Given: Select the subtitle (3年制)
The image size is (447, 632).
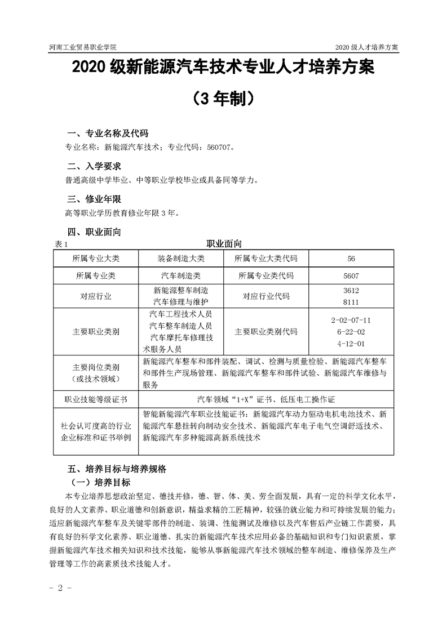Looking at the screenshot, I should pos(223,99).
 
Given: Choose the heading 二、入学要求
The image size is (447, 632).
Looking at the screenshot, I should pos(94,167).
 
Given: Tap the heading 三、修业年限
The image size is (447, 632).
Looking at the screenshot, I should pos(94,199).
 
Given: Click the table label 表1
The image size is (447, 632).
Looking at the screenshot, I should pos(61,244).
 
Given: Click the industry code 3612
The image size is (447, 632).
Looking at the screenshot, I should pos(351,291).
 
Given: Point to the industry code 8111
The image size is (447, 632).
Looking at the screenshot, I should pos(351,302).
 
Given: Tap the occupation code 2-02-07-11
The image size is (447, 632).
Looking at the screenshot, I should pos(351,320).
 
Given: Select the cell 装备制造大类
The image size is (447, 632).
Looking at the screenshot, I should pos(182,259).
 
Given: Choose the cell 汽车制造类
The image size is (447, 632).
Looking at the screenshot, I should pos(182,276).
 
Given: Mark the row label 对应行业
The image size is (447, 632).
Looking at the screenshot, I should pos(96,296).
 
